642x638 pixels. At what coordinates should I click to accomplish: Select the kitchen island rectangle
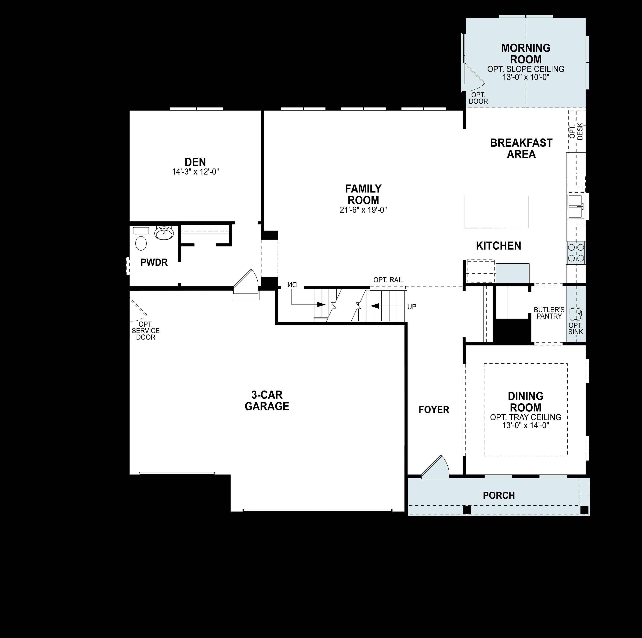tap(496, 212)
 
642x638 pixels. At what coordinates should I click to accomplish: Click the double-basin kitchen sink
tap(576, 207)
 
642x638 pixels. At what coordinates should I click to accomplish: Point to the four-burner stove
tap(576, 253)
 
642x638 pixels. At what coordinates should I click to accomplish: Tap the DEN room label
tap(195, 162)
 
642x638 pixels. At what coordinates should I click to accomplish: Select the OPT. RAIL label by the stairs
tap(388, 280)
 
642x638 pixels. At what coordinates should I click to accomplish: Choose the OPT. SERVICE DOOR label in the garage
tap(146, 331)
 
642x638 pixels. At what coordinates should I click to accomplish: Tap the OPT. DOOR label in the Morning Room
tap(478, 98)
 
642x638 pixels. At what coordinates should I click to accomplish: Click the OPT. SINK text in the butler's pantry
tap(576, 329)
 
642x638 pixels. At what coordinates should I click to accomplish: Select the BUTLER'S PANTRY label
tap(549, 313)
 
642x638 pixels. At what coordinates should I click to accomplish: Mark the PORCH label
tap(499, 495)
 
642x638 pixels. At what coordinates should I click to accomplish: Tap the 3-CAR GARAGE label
tap(267, 400)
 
